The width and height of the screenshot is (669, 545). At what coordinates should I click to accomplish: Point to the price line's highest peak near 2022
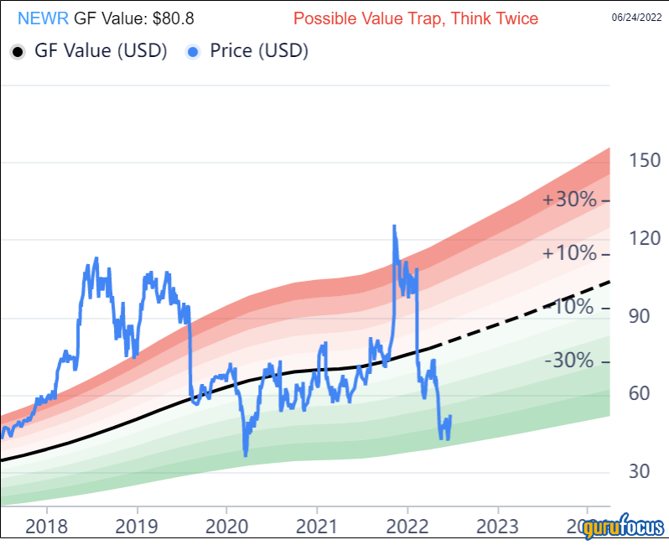393,226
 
